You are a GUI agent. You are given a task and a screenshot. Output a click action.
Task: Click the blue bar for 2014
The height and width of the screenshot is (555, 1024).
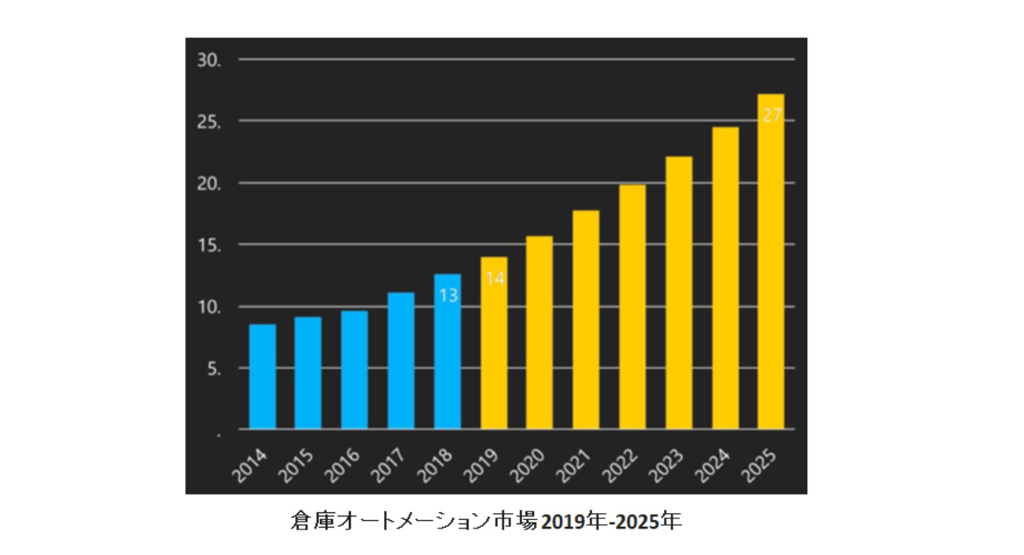pos(263,377)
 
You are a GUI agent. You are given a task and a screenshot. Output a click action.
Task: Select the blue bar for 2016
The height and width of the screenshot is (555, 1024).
pos(355,370)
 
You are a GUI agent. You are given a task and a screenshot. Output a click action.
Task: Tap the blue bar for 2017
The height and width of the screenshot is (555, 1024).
pos(401,360)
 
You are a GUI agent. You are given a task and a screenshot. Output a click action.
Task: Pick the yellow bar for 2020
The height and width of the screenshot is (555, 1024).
pos(539,332)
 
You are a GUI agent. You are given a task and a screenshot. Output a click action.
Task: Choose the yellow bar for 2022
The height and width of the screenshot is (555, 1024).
pos(632,307)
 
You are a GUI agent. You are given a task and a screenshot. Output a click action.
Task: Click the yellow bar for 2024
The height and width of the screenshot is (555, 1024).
pos(725,277)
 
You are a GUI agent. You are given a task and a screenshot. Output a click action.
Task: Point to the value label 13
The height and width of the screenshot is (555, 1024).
pos(448,295)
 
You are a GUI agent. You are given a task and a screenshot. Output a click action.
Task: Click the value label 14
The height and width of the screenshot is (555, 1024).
pos(494,277)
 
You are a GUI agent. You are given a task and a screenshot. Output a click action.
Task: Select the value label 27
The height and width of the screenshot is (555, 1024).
pos(771,115)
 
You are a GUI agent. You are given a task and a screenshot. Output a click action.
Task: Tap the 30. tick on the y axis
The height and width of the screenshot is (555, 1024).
pos(209,61)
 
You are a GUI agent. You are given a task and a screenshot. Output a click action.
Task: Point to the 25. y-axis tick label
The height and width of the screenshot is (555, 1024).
pos(209,122)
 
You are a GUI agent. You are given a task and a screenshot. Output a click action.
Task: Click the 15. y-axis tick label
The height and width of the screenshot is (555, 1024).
pos(209,246)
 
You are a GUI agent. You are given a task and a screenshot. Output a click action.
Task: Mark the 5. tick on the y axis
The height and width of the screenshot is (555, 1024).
pos(213,369)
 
